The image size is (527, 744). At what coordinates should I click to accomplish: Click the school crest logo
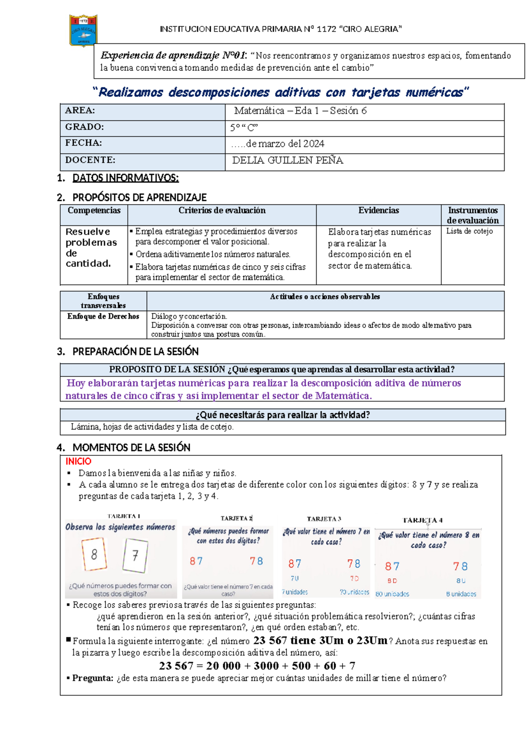click(x=83, y=30)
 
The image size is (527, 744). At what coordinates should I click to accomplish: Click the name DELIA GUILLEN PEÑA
click(x=288, y=161)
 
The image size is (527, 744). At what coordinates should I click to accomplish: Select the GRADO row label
click(x=84, y=127)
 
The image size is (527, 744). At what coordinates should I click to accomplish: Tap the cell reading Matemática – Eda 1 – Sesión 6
click(x=300, y=111)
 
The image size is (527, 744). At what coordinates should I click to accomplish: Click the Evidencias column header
click(x=379, y=211)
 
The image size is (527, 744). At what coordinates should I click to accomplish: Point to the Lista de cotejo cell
click(x=469, y=231)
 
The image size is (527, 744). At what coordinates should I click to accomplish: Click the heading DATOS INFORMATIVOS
click(x=125, y=178)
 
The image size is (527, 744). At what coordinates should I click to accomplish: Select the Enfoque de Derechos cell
click(x=103, y=316)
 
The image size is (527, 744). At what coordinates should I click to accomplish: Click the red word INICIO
click(x=78, y=461)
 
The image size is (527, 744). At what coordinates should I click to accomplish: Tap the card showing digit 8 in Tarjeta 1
click(x=94, y=554)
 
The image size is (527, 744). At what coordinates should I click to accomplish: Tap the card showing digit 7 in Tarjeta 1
click(x=135, y=556)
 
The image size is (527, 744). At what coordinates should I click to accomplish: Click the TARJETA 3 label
click(x=324, y=519)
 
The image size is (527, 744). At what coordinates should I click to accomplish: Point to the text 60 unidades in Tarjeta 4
click(x=392, y=594)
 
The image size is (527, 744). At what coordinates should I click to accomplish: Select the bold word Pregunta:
click(x=93, y=678)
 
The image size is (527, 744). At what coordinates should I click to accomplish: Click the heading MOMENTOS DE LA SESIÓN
click(x=131, y=448)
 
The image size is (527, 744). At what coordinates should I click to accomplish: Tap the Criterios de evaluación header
click(x=222, y=211)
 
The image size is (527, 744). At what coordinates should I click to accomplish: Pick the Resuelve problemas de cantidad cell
click(x=91, y=247)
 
